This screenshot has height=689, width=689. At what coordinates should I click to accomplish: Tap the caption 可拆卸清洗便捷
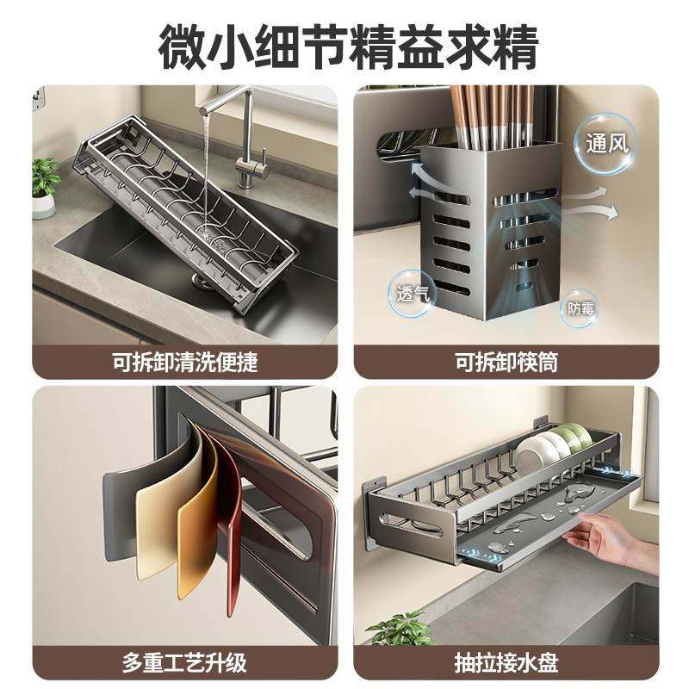pyautogui.click(x=184, y=362)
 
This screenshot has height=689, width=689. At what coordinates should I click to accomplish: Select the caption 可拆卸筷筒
pyautogui.click(x=506, y=362)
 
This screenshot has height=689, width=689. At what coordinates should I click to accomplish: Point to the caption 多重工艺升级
pyautogui.click(x=184, y=663)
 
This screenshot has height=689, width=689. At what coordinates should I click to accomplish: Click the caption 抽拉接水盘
pyautogui.click(x=506, y=663)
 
